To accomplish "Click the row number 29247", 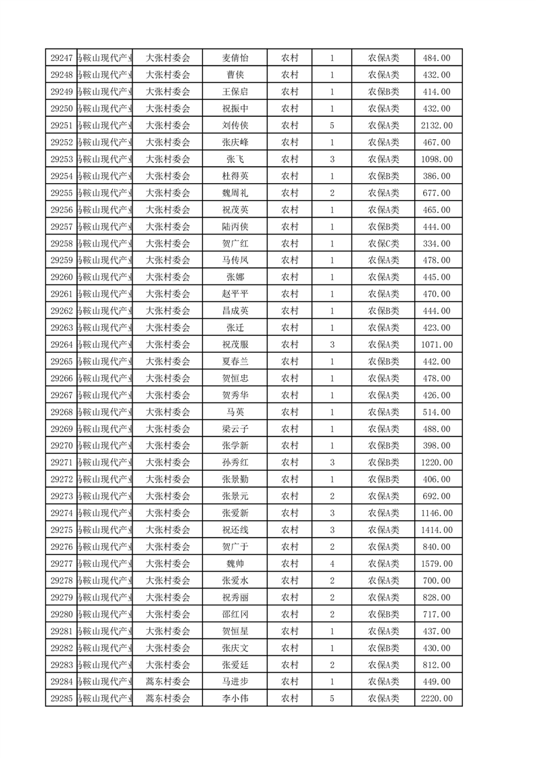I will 62,58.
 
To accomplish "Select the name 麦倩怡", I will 235,58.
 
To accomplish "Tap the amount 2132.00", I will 436,126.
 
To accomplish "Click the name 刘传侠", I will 235,126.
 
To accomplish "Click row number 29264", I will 62,345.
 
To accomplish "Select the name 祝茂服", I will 235,345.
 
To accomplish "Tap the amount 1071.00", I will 436,345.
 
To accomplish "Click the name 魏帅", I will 235,563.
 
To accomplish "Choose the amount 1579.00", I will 436,563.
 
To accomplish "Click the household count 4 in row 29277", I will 332,563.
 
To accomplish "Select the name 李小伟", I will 235,698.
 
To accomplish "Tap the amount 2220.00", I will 436,698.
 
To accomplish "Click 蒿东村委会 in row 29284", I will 168,681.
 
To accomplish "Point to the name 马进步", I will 235,681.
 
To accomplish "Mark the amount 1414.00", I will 436,530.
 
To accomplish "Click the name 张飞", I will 235,159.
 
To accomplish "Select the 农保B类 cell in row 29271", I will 383,462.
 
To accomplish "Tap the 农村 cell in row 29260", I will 290,277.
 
